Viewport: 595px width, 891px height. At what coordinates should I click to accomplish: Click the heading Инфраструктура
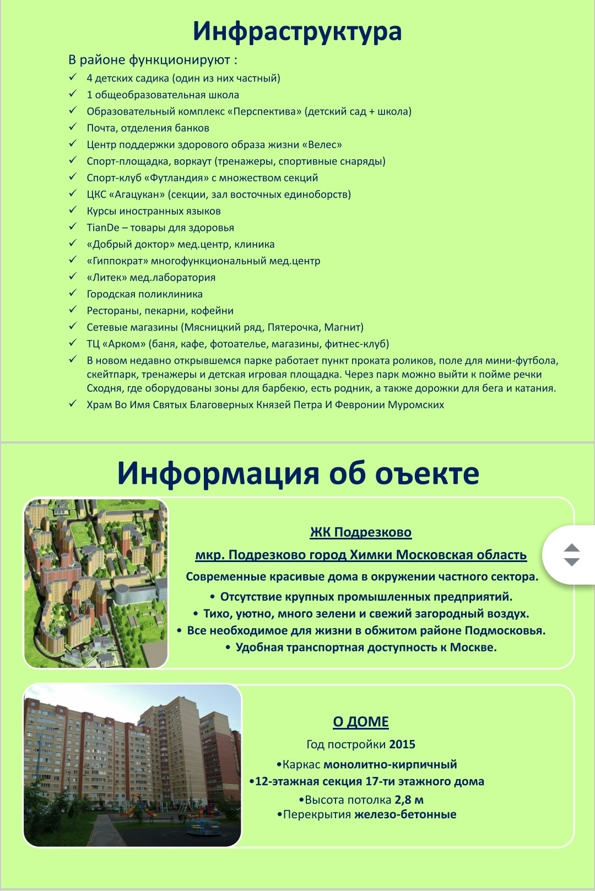point(297,31)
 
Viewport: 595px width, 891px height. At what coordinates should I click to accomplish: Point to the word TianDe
point(102,228)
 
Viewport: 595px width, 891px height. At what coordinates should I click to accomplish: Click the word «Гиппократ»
point(117,261)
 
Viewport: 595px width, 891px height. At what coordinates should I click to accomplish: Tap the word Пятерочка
point(293,327)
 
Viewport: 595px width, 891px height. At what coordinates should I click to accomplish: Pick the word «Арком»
point(124,344)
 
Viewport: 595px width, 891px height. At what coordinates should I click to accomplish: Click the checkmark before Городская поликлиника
point(73,293)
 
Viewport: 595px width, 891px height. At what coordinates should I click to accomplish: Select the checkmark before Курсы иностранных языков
point(73,210)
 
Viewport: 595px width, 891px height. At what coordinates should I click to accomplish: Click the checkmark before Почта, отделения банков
point(73,127)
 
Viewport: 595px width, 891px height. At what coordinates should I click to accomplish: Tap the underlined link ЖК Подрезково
point(361,532)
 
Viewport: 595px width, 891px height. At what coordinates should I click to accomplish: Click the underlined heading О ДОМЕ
point(361,722)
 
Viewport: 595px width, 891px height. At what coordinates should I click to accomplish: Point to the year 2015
point(402,744)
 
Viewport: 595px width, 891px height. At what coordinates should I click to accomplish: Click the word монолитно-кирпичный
point(390,765)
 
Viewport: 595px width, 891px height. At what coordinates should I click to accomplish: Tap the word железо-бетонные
point(405,814)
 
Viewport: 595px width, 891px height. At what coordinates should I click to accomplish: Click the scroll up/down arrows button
point(572,555)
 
